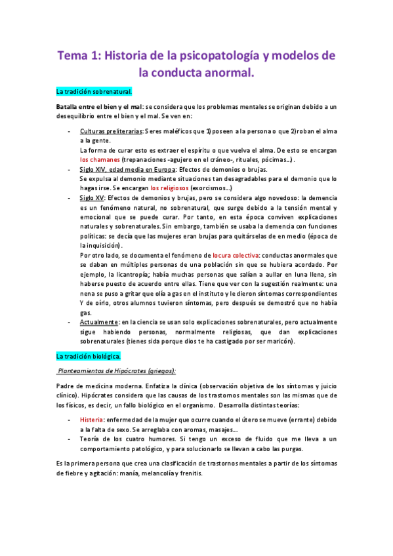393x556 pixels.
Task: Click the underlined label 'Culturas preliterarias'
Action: [111, 131]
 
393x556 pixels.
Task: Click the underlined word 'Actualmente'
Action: [99, 322]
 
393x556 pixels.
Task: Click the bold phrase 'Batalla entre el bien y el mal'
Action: [98, 106]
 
